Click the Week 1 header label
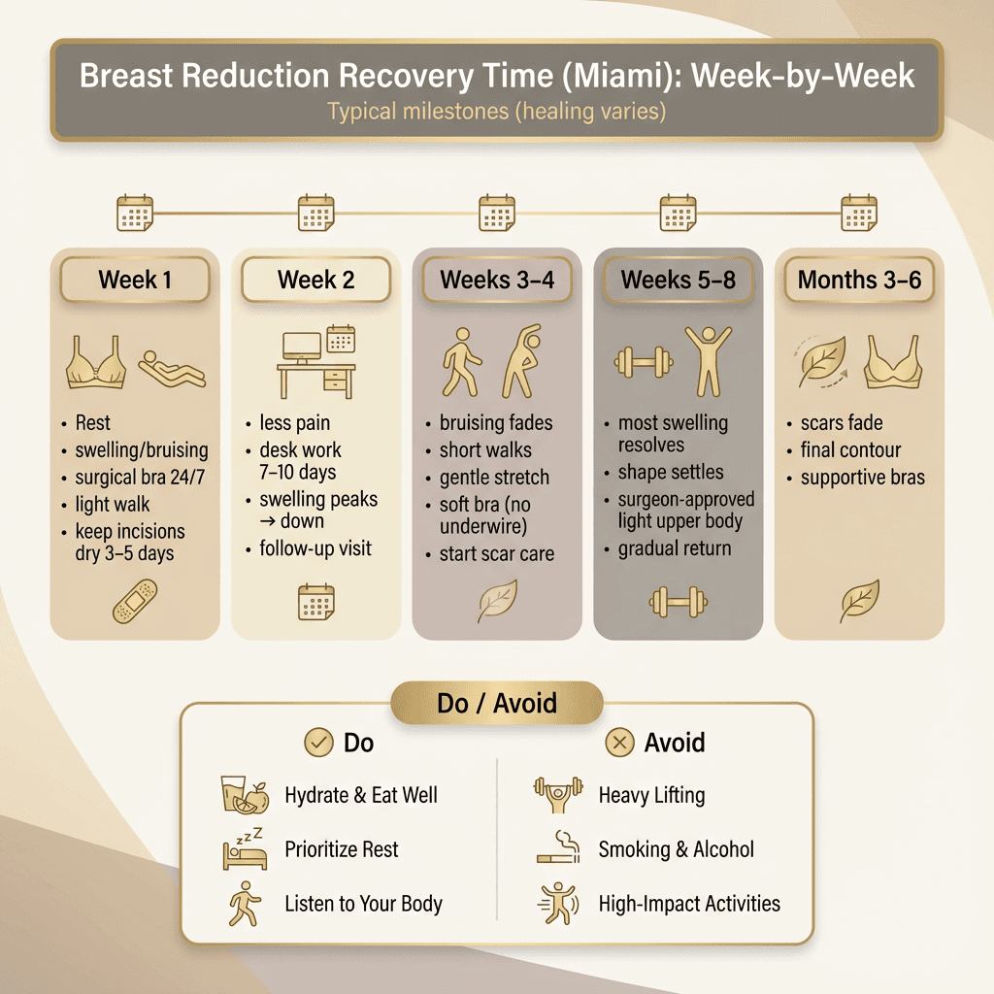[x=135, y=281]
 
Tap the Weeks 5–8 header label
[x=678, y=281]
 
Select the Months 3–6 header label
[x=859, y=281]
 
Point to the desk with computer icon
[x=316, y=364]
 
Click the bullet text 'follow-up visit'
[x=315, y=548]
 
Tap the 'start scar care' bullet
[x=496, y=554]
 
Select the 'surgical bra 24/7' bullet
[x=141, y=478]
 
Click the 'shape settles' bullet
[x=670, y=473]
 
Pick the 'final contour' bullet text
[x=850, y=450]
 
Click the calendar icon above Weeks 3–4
[x=497, y=213]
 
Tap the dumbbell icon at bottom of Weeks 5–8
[x=678, y=603]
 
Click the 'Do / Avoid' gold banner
[x=497, y=703]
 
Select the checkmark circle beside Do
[x=318, y=744]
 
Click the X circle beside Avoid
[x=619, y=744]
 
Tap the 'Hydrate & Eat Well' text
[x=361, y=795]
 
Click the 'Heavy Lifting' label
[x=651, y=795]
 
